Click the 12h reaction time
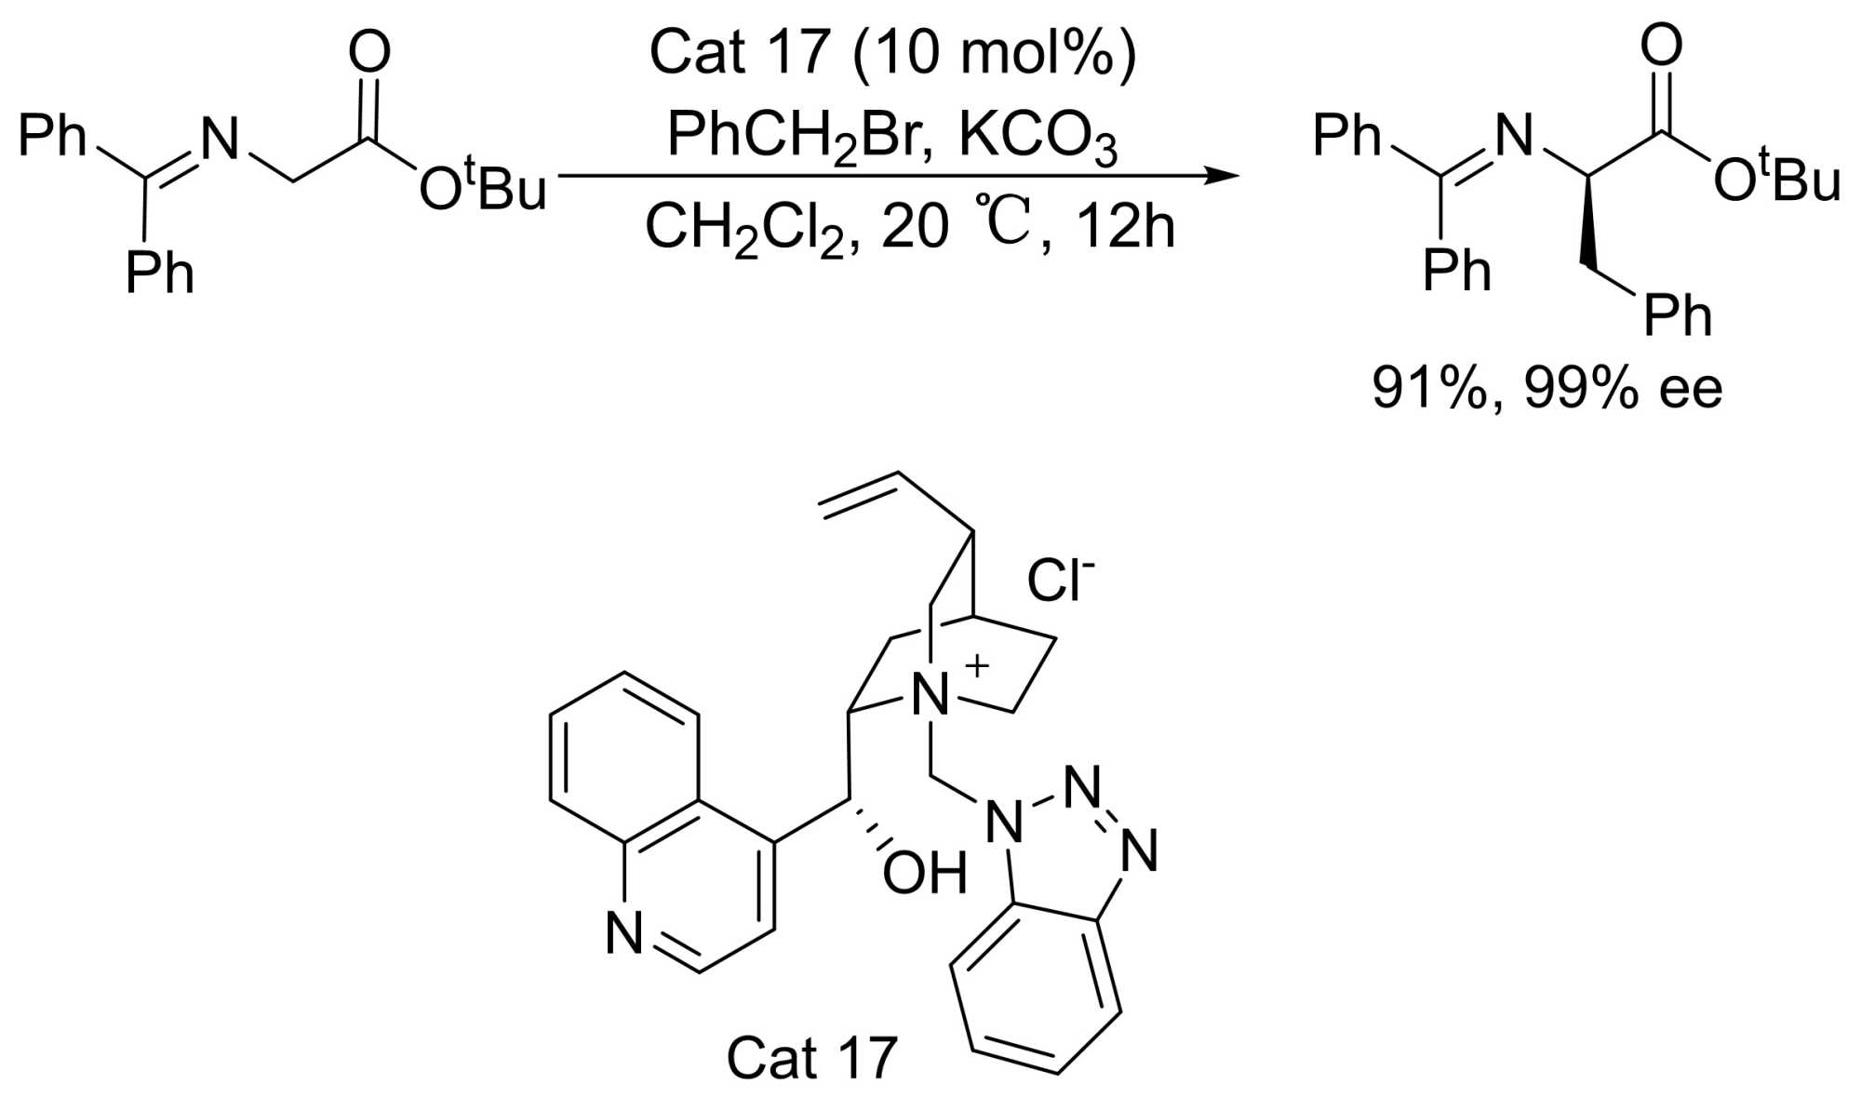pyautogui.click(x=1125, y=226)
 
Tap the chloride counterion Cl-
pyautogui.click(x=1059, y=581)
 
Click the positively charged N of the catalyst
pyautogui.click(x=930, y=695)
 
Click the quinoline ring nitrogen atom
pyautogui.click(x=623, y=932)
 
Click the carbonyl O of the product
pyautogui.click(x=1661, y=45)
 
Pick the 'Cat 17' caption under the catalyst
pyautogui.click(x=811, y=1058)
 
